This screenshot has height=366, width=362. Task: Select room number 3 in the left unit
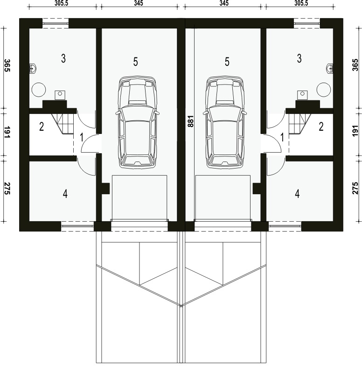coord(63,58)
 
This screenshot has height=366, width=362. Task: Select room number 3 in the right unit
coord(299,58)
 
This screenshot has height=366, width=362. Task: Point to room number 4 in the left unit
coord(65,194)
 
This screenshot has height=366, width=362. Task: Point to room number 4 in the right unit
coord(297,194)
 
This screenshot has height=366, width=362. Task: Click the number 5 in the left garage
coord(135,62)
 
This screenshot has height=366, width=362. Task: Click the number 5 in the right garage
coord(227,62)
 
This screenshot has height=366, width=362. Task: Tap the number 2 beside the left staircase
coord(42,126)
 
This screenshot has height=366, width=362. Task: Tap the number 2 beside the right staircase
coord(321,126)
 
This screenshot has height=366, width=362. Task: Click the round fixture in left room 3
coord(39,88)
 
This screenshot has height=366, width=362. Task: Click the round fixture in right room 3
coord(323,88)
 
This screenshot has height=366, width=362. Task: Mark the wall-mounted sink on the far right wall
coord(330,68)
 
